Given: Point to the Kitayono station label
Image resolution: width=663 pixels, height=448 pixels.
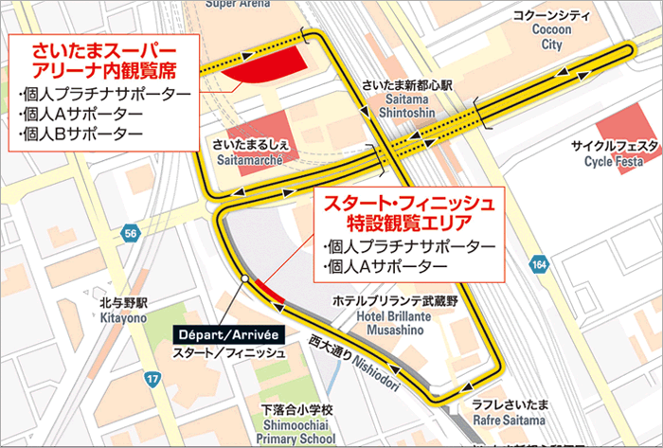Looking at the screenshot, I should (x=123, y=312).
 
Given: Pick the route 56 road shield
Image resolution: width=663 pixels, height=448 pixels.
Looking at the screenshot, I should (x=130, y=233).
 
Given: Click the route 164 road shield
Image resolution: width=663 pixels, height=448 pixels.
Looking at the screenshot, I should (x=539, y=265).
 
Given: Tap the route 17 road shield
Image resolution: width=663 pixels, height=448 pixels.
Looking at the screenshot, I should (x=152, y=380).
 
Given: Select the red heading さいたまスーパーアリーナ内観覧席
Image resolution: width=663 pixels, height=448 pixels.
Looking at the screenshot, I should (x=104, y=60).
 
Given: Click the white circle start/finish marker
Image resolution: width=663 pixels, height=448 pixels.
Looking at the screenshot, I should (x=245, y=278).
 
